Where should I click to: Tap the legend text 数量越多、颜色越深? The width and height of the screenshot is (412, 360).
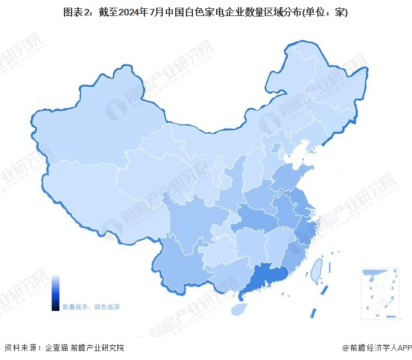point(91,307)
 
